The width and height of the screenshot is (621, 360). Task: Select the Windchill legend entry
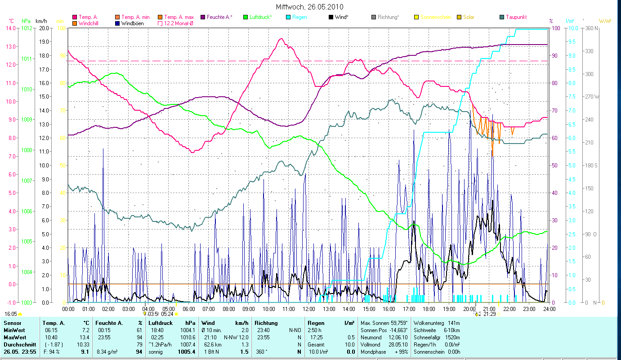[x=90, y=23]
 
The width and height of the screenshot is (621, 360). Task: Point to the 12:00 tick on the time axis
[x=309, y=309]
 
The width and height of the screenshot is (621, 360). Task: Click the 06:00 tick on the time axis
[x=188, y=309]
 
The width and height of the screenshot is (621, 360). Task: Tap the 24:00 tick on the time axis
[x=549, y=309]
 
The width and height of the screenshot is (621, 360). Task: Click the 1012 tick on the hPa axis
[x=27, y=28]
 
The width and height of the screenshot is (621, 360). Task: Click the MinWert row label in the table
[x=14, y=330]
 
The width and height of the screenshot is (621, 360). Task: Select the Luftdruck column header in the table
[x=161, y=323]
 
